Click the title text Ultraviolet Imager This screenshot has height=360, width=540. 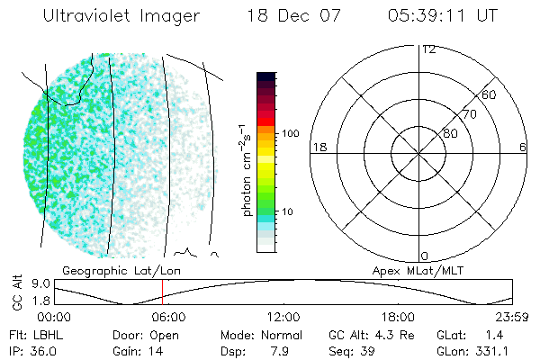coord(121,16)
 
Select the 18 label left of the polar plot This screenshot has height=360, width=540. coord(318,147)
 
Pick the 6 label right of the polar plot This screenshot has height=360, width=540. coord(523,147)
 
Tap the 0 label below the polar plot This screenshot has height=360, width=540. coord(425,256)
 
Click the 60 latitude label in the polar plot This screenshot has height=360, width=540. coord(489,94)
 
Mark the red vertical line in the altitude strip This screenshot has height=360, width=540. coord(162,292)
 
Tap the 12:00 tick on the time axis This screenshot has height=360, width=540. coord(283,317)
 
